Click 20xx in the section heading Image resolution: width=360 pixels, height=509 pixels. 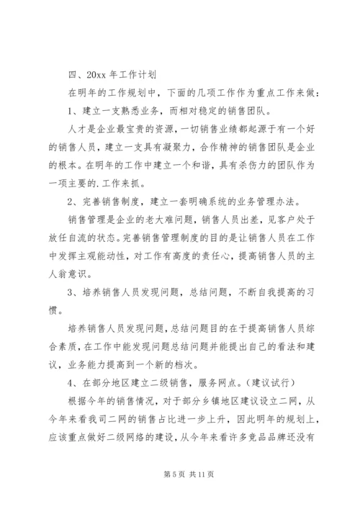[x=94, y=73]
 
